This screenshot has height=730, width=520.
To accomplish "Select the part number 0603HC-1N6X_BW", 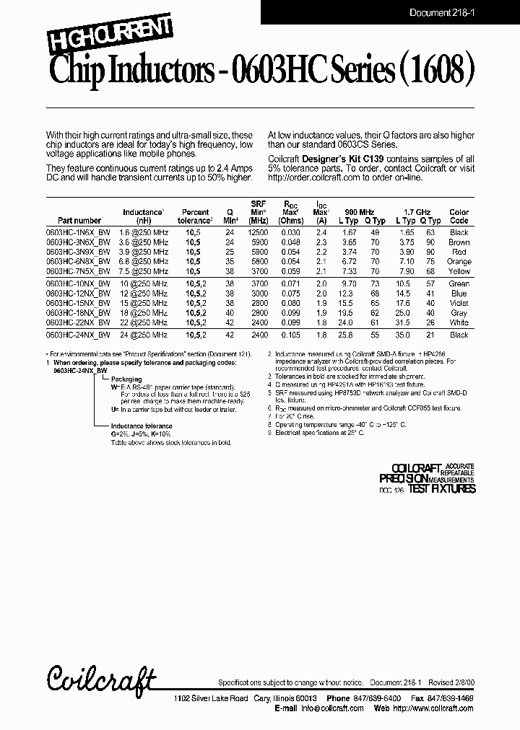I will (x=78, y=233).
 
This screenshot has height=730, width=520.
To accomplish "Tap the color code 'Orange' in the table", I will (x=459, y=262).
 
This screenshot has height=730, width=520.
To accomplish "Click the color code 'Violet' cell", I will (x=459, y=304).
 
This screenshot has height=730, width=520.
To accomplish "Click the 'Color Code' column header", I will (x=459, y=217).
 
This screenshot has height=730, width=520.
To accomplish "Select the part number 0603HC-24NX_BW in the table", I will (x=78, y=335).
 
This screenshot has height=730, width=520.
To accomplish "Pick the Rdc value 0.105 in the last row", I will (x=291, y=335).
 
